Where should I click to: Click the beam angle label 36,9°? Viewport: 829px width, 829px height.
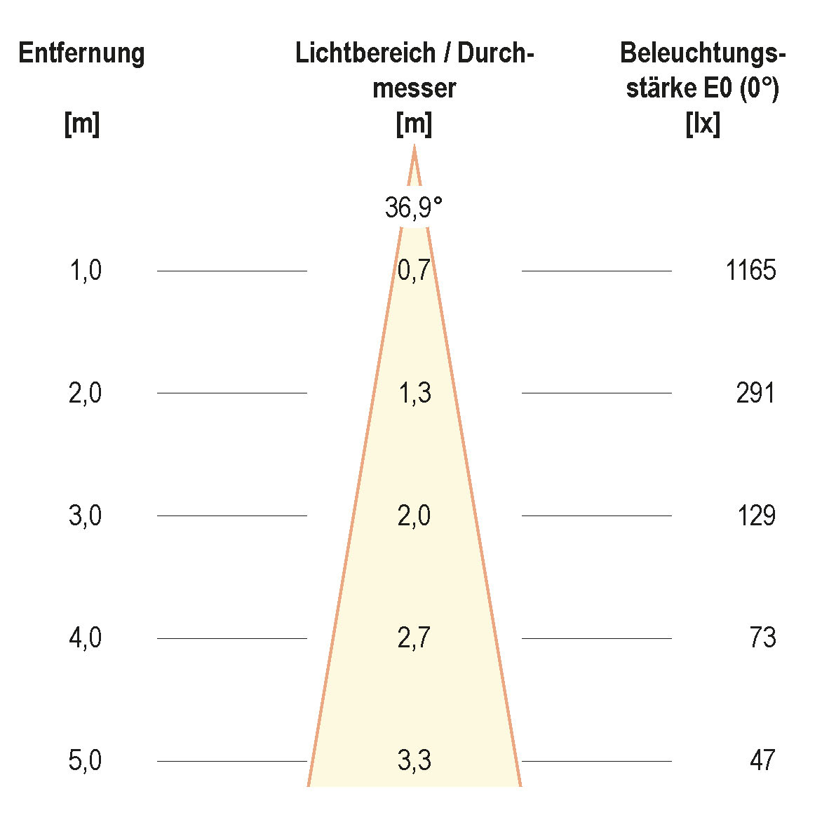(x=414, y=208)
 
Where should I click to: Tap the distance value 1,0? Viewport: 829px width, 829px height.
(x=86, y=270)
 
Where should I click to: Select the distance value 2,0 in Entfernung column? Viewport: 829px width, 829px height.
(x=86, y=393)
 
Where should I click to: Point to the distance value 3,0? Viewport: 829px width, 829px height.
(x=86, y=515)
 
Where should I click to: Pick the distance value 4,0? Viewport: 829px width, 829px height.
(x=86, y=638)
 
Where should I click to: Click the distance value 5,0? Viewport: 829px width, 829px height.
(x=86, y=761)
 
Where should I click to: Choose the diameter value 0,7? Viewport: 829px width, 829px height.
(x=414, y=270)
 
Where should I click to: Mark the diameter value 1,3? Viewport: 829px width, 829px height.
(x=414, y=393)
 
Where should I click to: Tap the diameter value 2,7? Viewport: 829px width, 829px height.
(x=414, y=638)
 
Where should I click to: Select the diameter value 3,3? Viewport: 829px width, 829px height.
(x=414, y=761)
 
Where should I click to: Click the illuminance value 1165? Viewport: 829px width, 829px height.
(x=750, y=270)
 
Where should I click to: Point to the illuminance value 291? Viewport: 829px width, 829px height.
(x=755, y=393)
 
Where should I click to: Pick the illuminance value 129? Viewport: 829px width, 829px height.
(x=755, y=515)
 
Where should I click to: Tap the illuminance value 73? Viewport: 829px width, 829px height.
(x=762, y=638)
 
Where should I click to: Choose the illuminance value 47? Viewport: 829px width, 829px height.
(x=762, y=761)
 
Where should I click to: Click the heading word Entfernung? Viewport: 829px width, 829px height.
(x=81, y=53)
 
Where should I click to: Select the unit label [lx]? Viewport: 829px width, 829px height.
(x=703, y=125)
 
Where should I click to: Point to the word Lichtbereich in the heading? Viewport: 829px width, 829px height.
(x=365, y=53)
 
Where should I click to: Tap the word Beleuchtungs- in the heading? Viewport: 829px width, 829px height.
(x=703, y=53)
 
